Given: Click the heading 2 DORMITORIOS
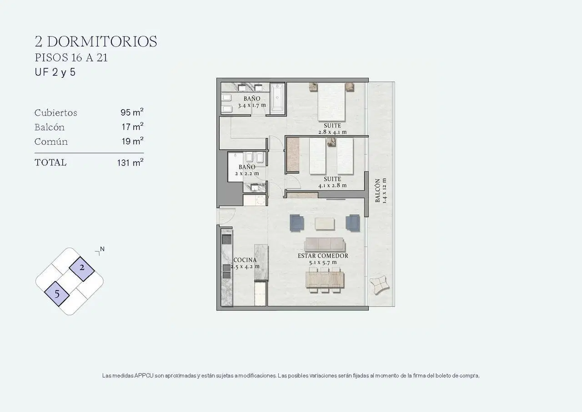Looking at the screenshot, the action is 96,41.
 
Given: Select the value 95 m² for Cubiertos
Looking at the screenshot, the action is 132,112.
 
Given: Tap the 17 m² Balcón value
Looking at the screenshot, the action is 132,127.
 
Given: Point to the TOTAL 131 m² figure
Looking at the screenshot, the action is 130,163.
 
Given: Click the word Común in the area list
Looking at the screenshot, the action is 51,142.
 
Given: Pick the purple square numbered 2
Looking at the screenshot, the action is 82,269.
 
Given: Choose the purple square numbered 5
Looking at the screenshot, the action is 57,294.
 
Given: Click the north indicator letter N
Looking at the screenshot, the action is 102,249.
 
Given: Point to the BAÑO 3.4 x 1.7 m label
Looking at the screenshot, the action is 252,102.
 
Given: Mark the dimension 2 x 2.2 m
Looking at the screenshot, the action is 247,173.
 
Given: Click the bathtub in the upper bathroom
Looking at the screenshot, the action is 277,99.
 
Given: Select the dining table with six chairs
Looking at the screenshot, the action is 325,280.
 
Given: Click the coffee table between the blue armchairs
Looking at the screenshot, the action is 325,224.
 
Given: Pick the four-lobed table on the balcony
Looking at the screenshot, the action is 379,285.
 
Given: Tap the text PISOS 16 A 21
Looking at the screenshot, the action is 71,58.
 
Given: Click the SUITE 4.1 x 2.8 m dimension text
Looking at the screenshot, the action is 332,185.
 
